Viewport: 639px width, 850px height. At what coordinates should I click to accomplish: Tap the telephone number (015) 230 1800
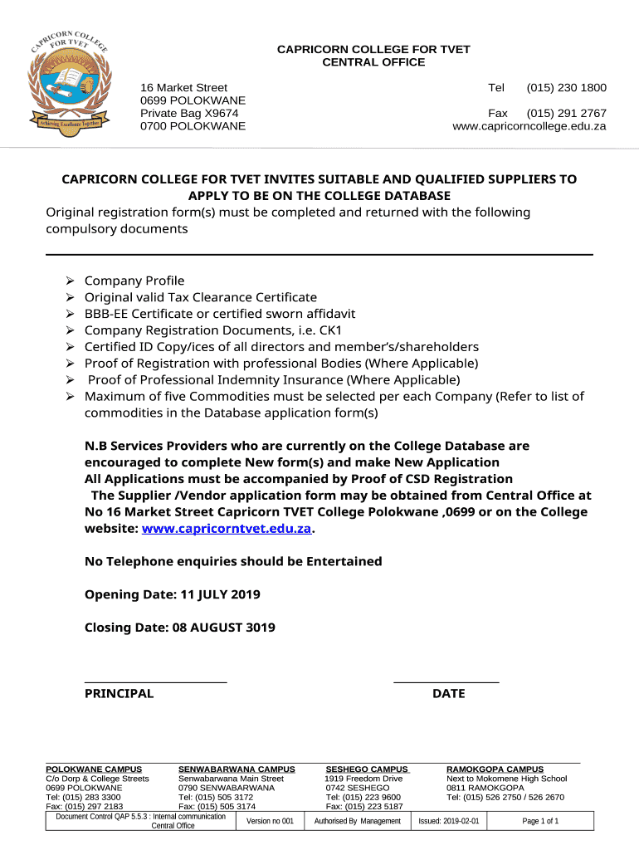click(x=566, y=88)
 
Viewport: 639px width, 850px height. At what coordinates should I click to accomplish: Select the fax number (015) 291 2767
click(x=566, y=113)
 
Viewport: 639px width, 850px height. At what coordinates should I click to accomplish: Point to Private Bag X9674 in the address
click(x=189, y=113)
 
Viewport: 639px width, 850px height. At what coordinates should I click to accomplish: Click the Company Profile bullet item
click(x=134, y=281)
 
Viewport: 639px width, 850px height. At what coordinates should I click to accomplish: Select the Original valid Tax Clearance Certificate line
click(x=201, y=297)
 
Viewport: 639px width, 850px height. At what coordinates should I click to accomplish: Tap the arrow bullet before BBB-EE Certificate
click(x=71, y=314)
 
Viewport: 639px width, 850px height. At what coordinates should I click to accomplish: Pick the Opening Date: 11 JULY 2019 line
click(x=173, y=595)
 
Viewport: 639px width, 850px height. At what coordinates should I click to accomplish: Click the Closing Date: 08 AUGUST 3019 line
click(x=180, y=628)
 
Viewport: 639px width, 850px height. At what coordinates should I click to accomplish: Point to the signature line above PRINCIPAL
click(x=156, y=682)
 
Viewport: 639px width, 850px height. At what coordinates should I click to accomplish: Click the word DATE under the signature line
click(x=448, y=694)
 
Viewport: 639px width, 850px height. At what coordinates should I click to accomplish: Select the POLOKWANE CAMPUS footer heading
click(x=94, y=769)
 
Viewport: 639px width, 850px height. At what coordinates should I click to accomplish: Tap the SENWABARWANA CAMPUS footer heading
click(x=237, y=769)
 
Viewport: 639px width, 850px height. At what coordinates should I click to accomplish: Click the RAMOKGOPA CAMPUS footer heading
click(x=495, y=769)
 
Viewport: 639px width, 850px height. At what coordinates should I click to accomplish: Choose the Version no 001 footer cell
click(x=270, y=822)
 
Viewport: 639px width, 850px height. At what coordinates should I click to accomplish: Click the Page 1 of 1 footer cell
click(x=540, y=822)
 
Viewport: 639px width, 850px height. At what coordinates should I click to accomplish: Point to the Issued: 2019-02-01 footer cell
click(x=449, y=822)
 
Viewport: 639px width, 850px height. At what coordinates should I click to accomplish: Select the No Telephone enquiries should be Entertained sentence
click(x=233, y=562)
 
